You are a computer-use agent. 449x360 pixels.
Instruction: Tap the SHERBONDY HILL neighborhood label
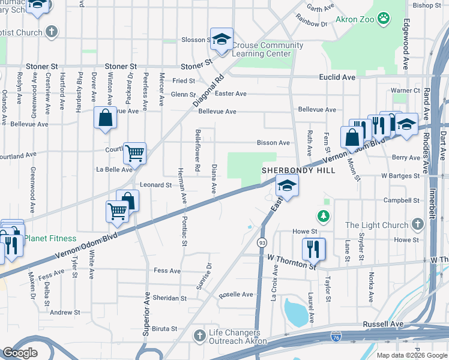tap(289, 170)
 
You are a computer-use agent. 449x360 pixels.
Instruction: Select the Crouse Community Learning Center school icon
tap(221, 39)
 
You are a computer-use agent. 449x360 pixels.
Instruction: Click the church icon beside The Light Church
tap(418, 225)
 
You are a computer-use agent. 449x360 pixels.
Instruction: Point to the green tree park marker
tap(324, 215)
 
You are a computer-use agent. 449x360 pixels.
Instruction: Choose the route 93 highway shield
tap(262, 243)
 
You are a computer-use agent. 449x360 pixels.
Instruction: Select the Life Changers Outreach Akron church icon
tap(199, 337)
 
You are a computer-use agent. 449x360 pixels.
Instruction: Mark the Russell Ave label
tap(383, 324)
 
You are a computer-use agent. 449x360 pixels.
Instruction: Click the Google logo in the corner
tap(20, 353)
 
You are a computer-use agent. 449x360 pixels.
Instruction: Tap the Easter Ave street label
tap(231, 94)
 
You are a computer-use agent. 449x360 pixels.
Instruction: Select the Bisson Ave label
tap(273, 143)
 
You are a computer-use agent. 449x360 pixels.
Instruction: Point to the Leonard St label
tap(156, 185)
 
